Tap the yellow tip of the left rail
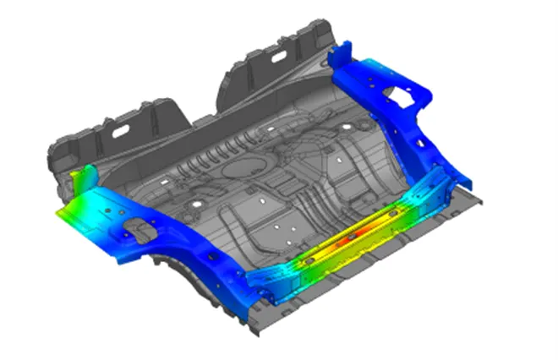[x=63, y=215]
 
